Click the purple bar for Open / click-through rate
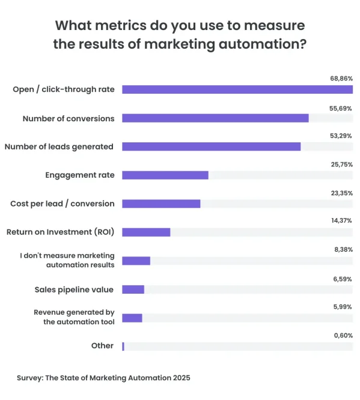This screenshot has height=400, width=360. [x=237, y=89]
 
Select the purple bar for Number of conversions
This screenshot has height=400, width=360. [x=215, y=118]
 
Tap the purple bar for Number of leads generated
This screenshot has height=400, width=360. [x=211, y=147]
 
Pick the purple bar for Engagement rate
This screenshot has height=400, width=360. [x=165, y=175]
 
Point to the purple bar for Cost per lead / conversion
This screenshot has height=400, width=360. [x=161, y=204]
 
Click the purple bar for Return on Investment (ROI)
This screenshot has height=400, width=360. [x=146, y=232]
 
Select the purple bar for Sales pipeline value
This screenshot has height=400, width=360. [x=133, y=289]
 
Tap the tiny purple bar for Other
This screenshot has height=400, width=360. [x=123, y=346]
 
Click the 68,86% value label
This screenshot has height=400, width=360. [x=341, y=79]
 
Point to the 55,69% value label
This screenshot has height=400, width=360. [x=341, y=108]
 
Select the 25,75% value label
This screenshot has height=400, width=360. [x=341, y=165]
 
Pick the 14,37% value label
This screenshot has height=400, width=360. [x=341, y=221]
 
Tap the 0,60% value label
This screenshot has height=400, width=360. [x=343, y=335]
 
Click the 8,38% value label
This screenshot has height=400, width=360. [x=343, y=249]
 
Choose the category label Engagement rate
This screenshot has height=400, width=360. [x=80, y=175]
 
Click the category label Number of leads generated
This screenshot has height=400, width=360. [x=59, y=147]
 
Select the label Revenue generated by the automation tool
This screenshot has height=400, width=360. [x=74, y=317]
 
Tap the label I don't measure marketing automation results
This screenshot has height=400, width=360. [x=67, y=260]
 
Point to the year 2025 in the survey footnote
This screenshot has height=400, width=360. [x=180, y=378]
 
